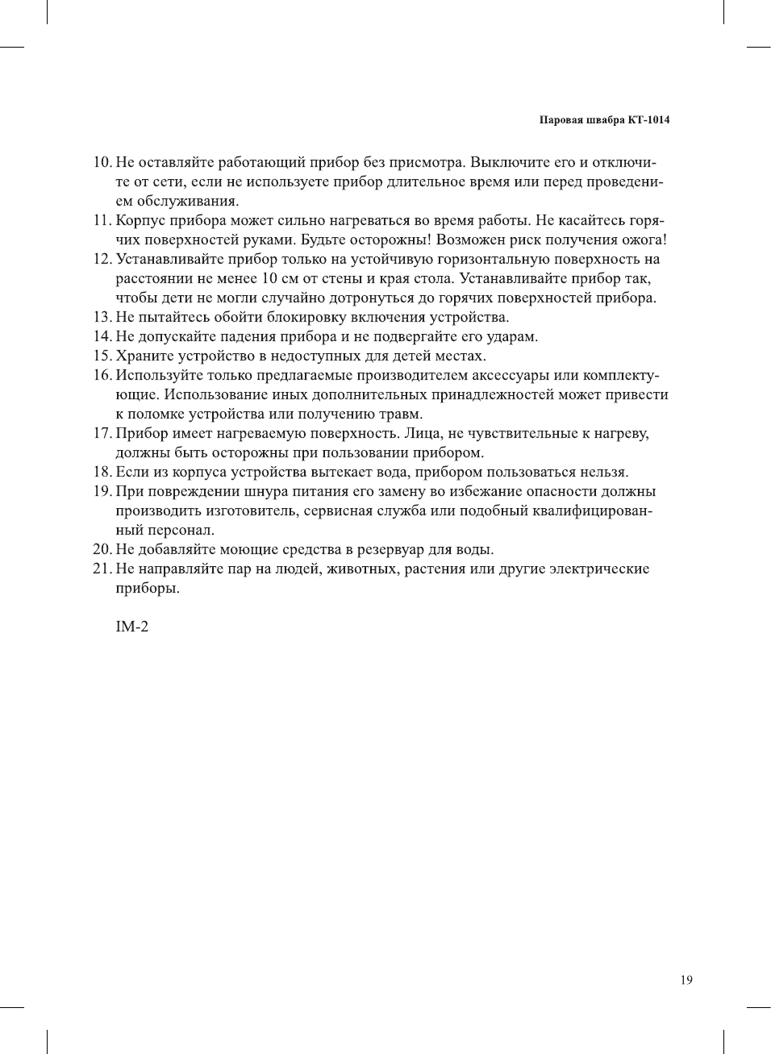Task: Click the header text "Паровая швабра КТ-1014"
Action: click(x=604, y=120)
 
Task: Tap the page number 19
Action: click(x=686, y=980)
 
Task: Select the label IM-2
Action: click(x=132, y=627)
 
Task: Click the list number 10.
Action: click(x=102, y=162)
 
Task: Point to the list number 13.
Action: click(x=102, y=317)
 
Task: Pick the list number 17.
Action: click(x=102, y=433)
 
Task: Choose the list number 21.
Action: click(x=102, y=569)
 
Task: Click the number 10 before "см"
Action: click(x=269, y=278)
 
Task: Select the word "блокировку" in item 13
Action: click(x=306, y=317)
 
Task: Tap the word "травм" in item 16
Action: click(x=398, y=414)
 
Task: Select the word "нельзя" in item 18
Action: click(x=602, y=472)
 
